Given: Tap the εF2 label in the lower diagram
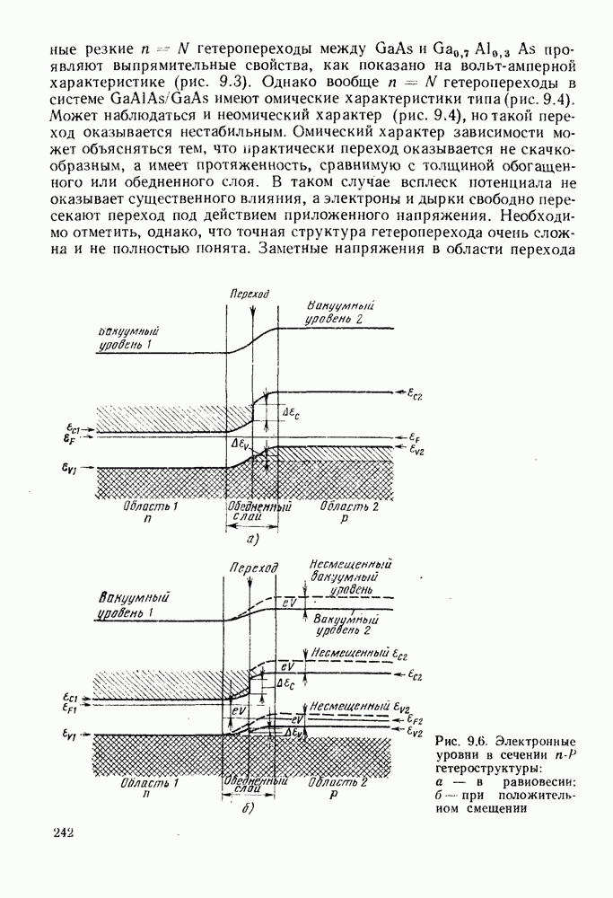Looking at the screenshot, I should pos(415,721).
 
